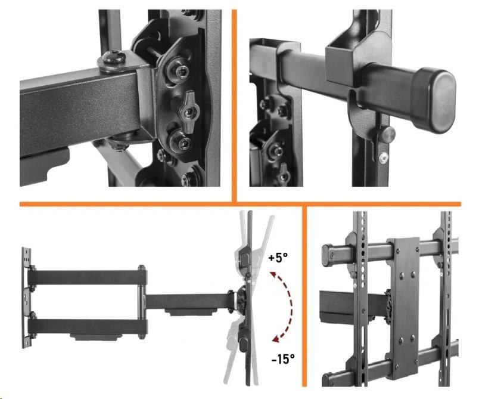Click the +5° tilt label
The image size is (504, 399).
[278, 258]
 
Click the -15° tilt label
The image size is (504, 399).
[283, 358]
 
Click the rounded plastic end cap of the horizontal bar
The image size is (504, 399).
[434, 100]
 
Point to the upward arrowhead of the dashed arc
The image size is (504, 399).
[273, 275]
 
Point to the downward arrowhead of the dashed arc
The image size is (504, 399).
[276, 338]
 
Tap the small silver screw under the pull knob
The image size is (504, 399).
[383, 157]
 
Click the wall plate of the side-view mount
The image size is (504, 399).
[26, 298]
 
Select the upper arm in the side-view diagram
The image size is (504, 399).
[88, 277]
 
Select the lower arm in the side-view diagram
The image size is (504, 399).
[88, 327]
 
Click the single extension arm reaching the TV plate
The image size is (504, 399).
[189, 301]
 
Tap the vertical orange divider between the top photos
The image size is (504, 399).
[234, 106]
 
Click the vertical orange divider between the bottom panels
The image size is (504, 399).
[304, 296]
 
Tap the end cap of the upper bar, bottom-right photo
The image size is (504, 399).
[327, 255]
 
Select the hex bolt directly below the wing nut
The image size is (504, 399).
[181, 141]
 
